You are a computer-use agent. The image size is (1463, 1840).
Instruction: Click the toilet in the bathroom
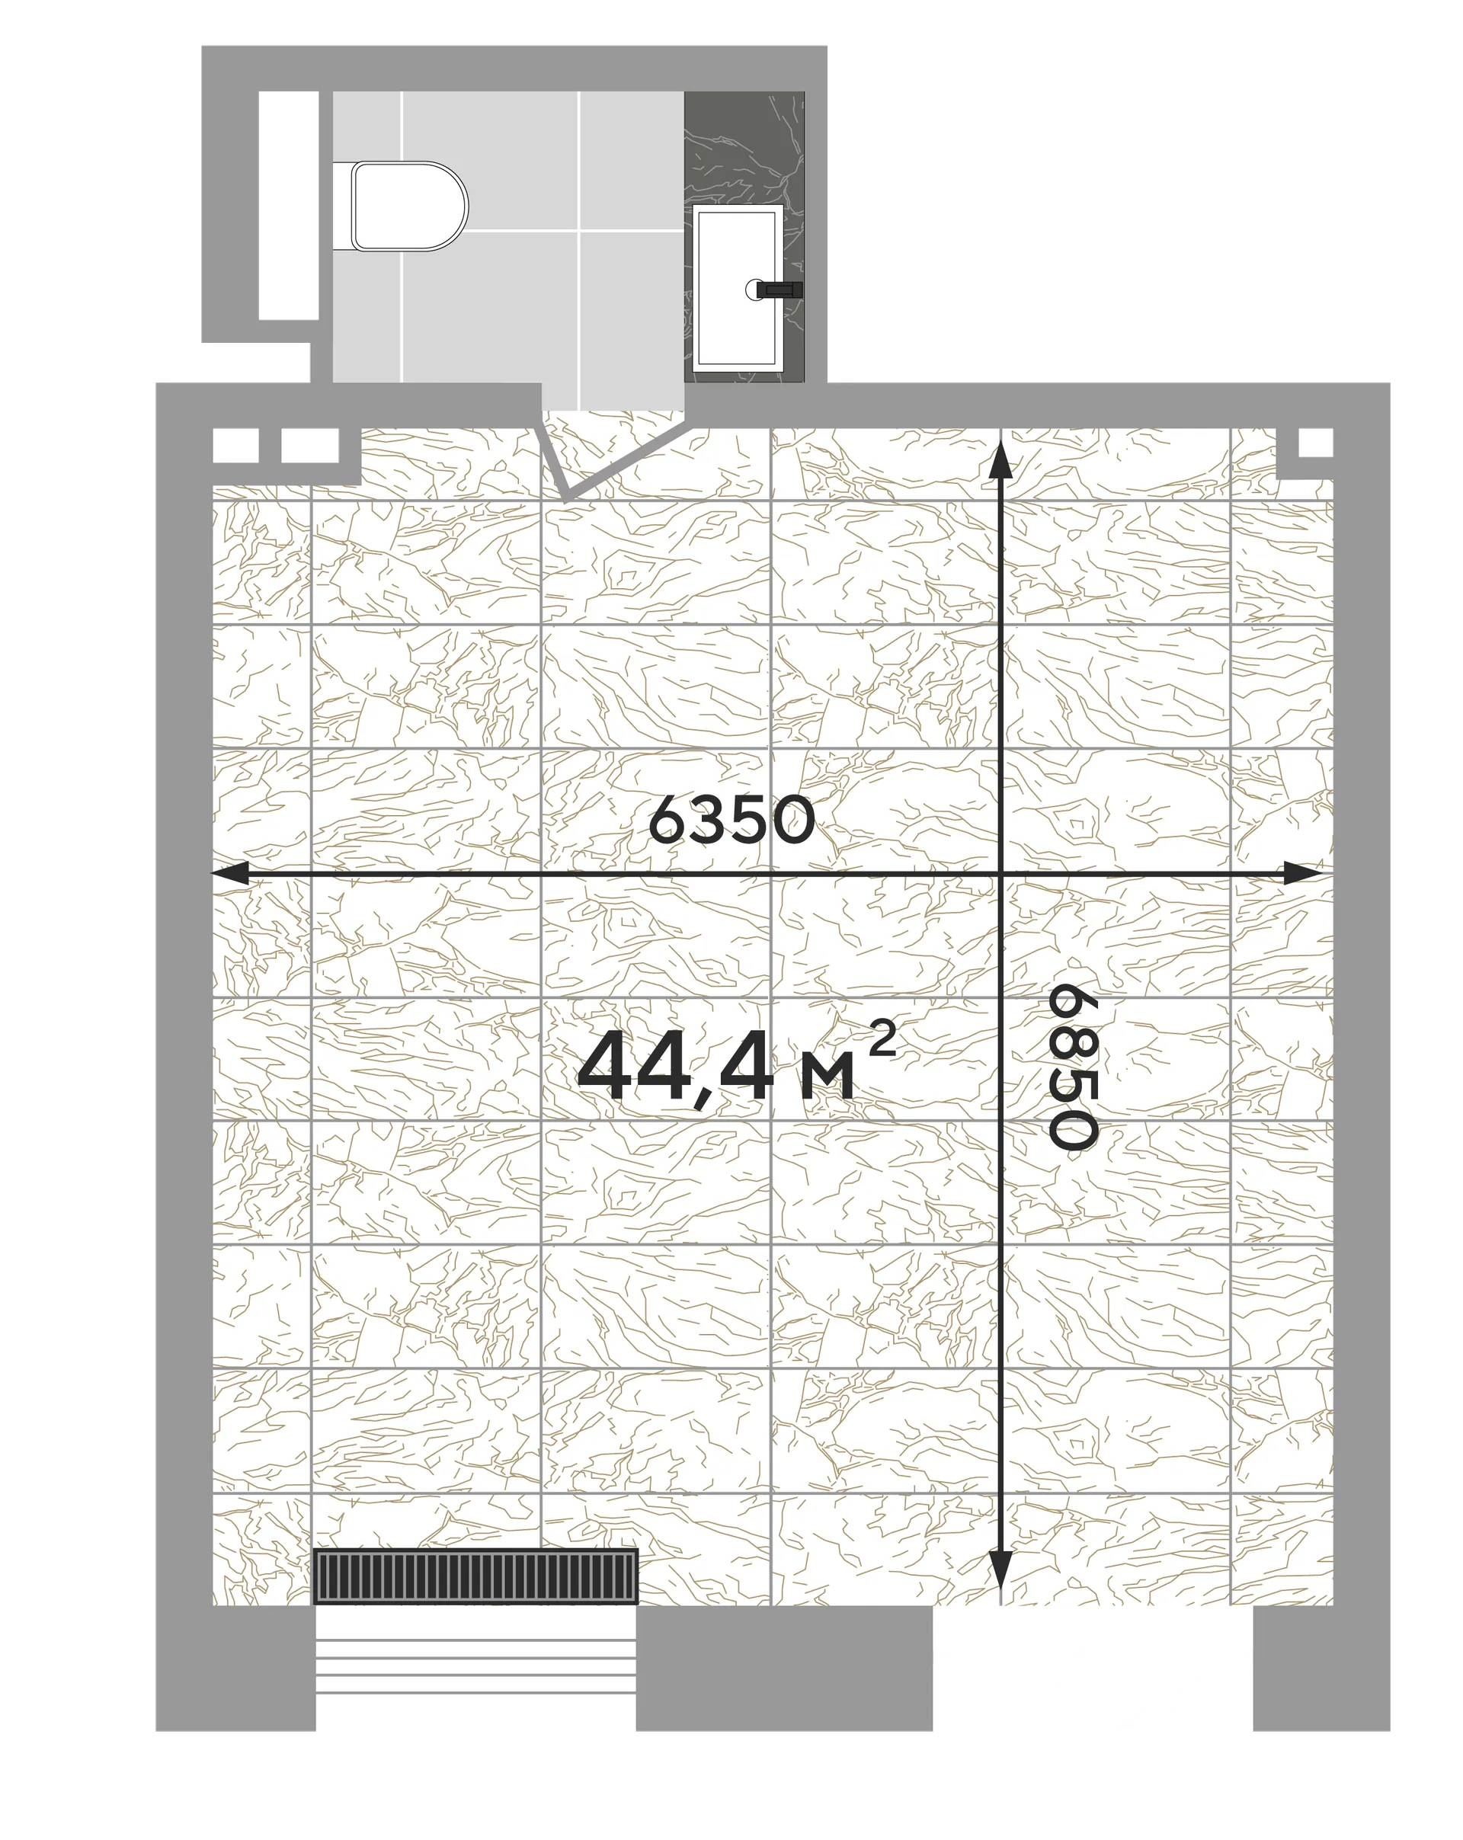pos(410,205)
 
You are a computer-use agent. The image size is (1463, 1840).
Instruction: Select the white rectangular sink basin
pos(738,286)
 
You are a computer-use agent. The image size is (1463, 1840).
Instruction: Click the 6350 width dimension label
pos(731,819)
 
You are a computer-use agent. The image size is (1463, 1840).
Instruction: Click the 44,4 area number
pos(675,1067)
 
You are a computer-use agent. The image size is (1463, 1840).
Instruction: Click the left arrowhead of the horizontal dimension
pos(229,873)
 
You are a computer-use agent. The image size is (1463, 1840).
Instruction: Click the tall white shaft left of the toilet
pos(288,205)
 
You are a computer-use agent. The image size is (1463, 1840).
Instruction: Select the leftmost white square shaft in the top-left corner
pos(235,445)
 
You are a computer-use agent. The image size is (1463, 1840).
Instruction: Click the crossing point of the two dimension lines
pos(1000,873)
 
